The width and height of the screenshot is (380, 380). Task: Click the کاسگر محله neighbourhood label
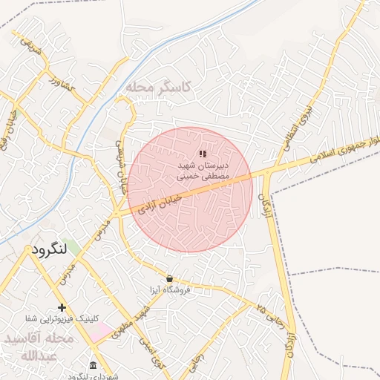click(x=158, y=88)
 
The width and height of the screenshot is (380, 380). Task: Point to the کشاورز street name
click(x=62, y=82)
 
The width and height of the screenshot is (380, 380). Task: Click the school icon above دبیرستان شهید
click(x=203, y=154)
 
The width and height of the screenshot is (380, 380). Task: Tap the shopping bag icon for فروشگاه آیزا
click(x=170, y=278)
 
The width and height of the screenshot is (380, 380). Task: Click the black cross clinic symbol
click(x=62, y=307)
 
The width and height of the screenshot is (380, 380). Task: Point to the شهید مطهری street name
click(x=126, y=323)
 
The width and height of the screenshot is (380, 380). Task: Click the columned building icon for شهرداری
click(x=92, y=365)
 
